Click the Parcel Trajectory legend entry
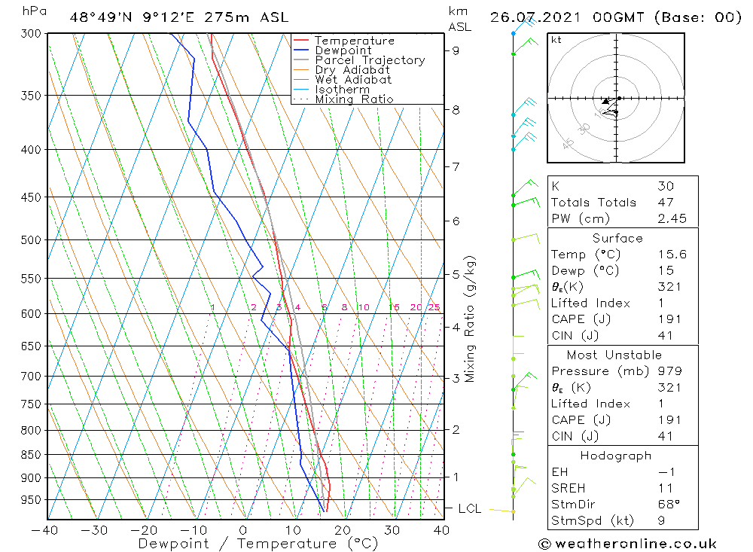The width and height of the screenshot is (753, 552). [370, 60]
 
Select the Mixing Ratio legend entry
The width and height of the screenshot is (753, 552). [354, 99]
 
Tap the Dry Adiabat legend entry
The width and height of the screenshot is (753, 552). [352, 70]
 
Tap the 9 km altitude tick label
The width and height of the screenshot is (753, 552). [456, 50]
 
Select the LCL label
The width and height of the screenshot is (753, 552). [469, 509]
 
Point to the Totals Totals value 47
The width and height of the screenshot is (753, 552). [666, 202]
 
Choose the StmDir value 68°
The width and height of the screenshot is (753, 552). [669, 505]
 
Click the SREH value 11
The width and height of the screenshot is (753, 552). [666, 488]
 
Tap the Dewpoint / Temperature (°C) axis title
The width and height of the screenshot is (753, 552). [258, 543]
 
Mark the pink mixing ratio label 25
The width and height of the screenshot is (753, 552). [434, 307]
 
